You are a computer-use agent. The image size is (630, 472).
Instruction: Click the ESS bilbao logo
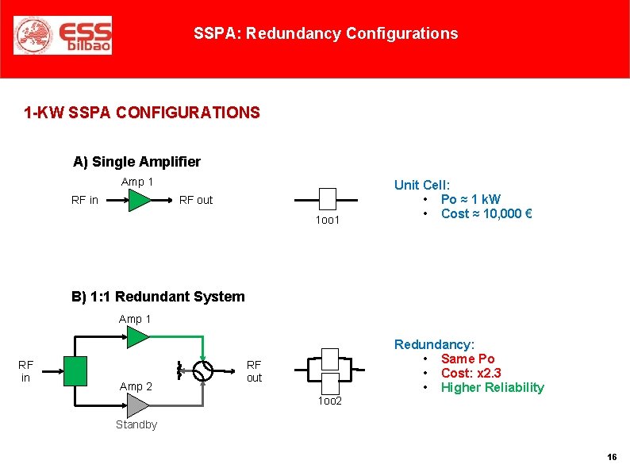[63, 35]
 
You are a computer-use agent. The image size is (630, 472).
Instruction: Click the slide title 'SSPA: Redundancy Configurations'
[325, 33]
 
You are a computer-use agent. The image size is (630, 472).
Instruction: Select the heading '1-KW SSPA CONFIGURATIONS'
[142, 113]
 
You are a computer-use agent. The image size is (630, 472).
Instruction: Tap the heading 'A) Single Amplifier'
[136, 162]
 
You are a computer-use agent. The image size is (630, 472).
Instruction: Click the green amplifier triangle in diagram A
[138, 200]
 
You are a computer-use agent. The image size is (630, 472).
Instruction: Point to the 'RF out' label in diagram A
[196, 200]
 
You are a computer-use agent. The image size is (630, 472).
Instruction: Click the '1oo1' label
[327, 220]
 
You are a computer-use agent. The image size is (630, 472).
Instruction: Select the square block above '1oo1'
[327, 198]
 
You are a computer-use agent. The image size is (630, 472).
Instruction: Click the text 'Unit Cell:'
[422, 185]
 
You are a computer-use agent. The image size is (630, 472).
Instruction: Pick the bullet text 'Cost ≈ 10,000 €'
[486, 213]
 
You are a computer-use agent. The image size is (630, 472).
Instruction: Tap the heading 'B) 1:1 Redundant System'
[158, 297]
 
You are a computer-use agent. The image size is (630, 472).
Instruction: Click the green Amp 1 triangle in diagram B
[137, 337]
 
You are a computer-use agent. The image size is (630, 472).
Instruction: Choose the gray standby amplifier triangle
[137, 405]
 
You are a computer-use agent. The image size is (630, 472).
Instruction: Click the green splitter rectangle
[75, 371]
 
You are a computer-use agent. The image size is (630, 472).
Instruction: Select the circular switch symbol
[204, 371]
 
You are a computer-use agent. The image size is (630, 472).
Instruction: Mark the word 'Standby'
[136, 424]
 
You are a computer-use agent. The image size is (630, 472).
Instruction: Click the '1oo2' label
[329, 401]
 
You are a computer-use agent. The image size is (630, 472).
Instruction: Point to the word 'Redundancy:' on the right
[434, 344]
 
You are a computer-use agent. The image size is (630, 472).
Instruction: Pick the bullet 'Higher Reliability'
[492, 387]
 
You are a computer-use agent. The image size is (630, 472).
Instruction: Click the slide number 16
[612, 458]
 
